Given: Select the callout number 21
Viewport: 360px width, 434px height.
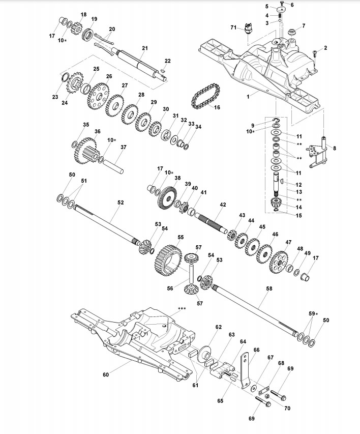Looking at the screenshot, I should click(144, 48).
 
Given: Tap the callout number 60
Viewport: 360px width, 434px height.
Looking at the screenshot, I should click(106, 375).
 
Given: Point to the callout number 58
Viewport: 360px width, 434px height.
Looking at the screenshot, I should click(269, 288).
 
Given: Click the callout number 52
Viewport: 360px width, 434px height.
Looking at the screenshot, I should click(121, 202).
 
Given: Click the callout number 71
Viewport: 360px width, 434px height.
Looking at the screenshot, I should click(234, 26).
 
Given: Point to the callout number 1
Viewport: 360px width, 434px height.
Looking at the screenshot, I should click(248, 95).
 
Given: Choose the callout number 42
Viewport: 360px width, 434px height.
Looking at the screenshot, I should click(223, 205).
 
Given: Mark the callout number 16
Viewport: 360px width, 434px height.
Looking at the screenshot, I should click(217, 107).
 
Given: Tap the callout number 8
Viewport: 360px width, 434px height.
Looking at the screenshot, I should click(334, 148).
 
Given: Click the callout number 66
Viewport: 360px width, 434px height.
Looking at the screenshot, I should click(256, 350).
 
